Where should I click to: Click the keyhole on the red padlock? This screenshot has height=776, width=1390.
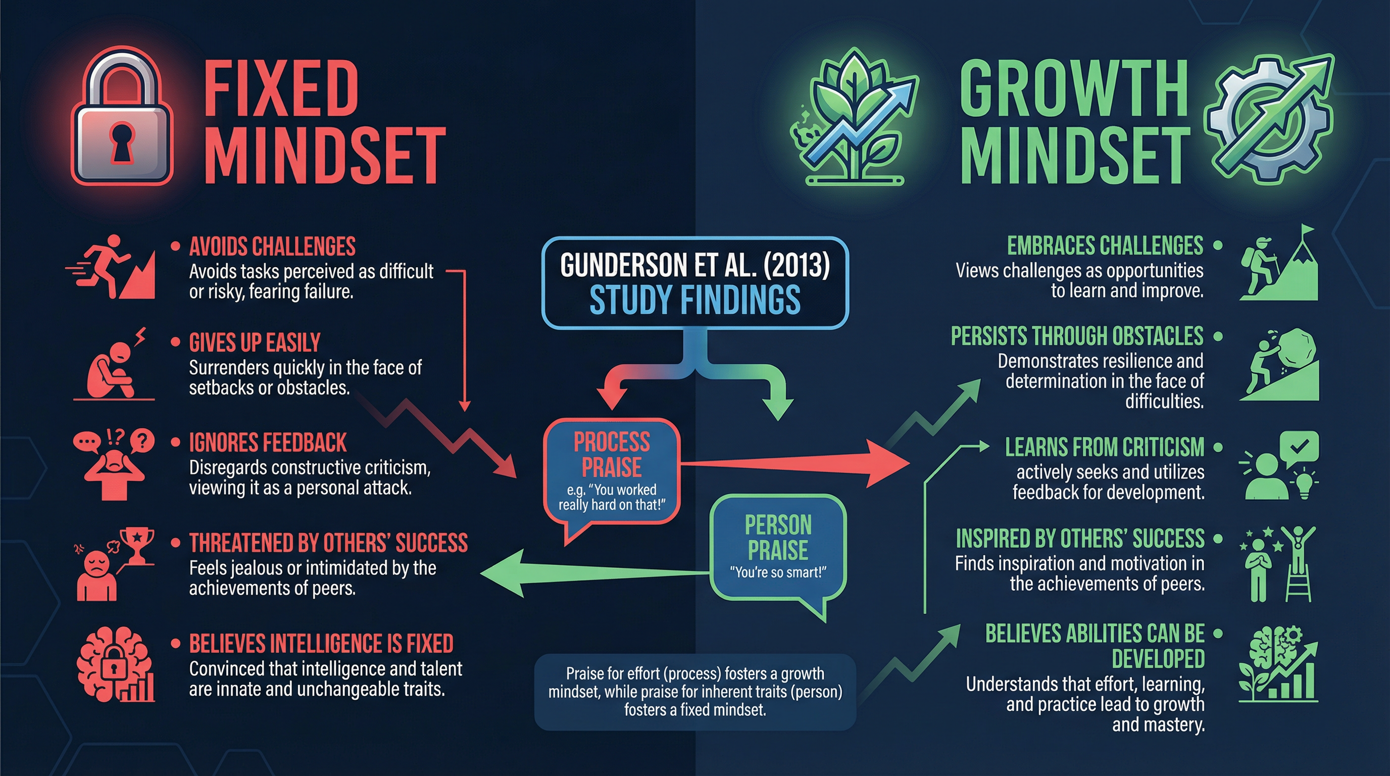pos(121,142)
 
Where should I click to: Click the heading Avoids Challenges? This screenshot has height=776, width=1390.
pos(272,247)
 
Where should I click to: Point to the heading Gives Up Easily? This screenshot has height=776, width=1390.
pos(255,343)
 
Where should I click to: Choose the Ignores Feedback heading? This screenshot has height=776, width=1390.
pos(268,443)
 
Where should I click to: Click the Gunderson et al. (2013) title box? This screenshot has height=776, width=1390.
pos(695,283)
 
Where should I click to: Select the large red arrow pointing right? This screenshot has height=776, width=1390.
pos(793,464)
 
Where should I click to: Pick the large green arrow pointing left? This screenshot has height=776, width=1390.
pos(593,573)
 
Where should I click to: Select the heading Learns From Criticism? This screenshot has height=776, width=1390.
pos(1105,447)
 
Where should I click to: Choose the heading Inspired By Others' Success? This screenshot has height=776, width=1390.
pos(1080,539)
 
